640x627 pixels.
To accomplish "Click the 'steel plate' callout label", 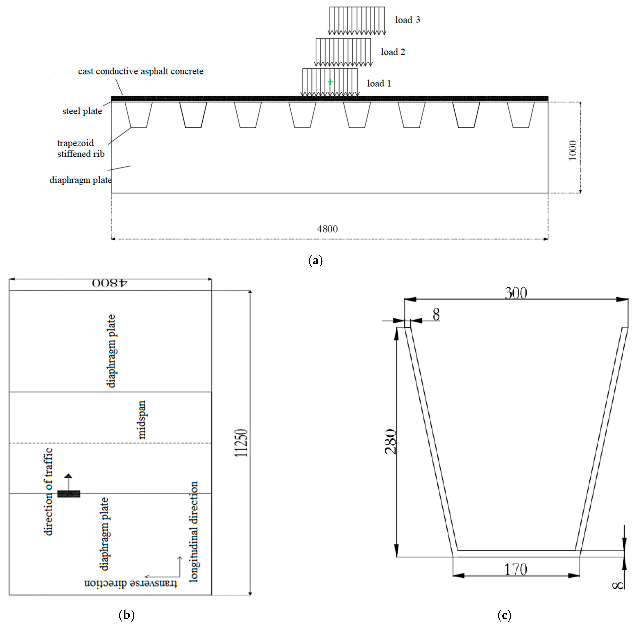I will click(x=82, y=111).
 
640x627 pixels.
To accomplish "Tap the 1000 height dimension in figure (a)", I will click(x=573, y=150).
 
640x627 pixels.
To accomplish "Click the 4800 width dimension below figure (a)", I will click(x=327, y=229).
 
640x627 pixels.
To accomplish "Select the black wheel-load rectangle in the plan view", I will click(x=69, y=494).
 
